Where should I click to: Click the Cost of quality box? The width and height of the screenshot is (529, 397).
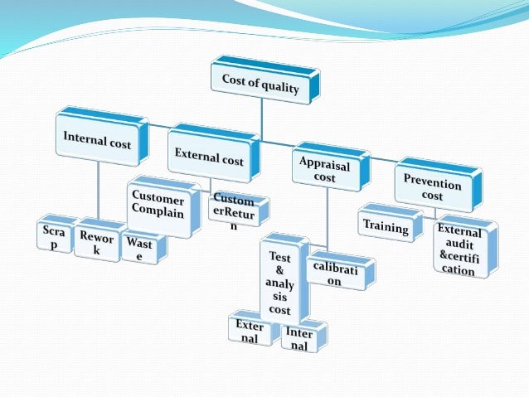(260, 83)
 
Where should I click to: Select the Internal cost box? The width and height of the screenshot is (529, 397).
(97, 138)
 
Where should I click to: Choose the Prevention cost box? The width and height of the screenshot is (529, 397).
(434, 186)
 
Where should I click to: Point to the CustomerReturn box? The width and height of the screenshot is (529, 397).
(235, 211)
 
